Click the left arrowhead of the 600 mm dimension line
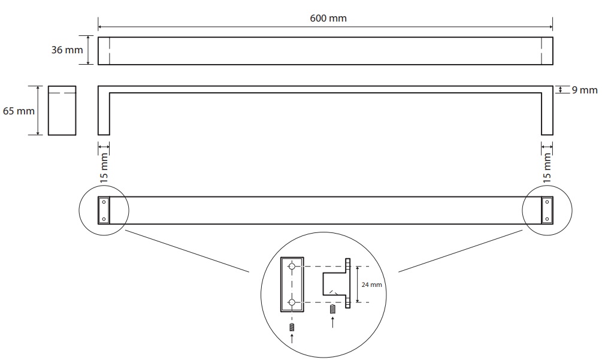pos(99,27)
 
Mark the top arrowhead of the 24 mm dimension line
pos(358,268)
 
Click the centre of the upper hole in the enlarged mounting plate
pos(292,267)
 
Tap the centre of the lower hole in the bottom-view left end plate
pos(104,219)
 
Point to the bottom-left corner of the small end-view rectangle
pos(49,135)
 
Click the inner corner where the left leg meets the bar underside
pos(110,93)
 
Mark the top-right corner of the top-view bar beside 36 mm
pos(553,37)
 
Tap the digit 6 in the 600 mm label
pos(313,19)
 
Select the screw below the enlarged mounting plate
pos(292,327)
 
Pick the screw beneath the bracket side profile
pos(332,309)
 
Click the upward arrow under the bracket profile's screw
pos(332,322)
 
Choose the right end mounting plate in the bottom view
pos(547,210)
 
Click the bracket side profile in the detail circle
pos(336,283)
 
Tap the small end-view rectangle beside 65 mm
pos(62,111)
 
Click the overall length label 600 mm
pos(328,19)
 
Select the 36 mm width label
pos(67,50)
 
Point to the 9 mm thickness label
pos(585,90)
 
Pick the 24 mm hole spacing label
pos(371,285)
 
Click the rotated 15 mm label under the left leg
pos(104,167)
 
